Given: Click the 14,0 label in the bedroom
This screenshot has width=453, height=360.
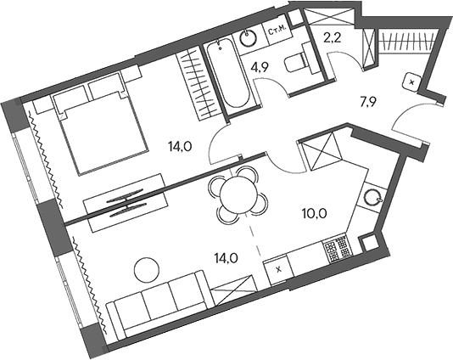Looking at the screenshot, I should [181, 146].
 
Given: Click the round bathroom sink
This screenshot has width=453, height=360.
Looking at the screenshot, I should [249, 37].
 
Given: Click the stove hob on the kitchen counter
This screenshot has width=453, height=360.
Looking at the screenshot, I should [337, 247].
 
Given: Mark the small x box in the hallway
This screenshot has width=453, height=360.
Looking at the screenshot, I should [411, 82].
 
